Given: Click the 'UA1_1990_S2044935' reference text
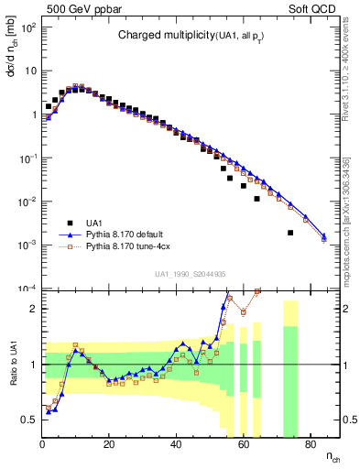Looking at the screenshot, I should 191,273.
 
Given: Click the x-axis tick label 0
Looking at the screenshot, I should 43,445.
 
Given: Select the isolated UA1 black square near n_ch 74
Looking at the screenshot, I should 290,233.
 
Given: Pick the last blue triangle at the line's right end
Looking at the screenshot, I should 323,235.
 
